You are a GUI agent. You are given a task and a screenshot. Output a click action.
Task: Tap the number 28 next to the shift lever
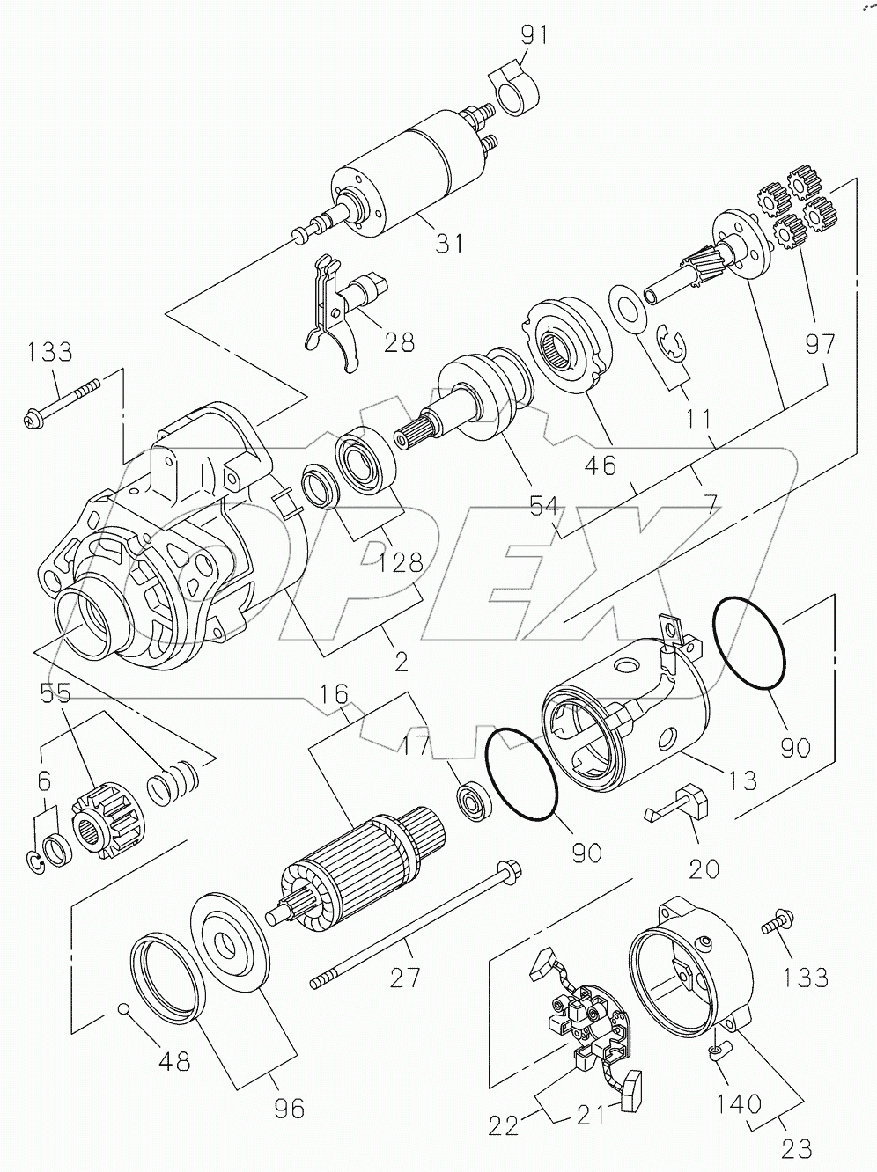pyautogui.click(x=400, y=342)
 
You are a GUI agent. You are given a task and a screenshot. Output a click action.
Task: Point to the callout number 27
pyautogui.click(x=407, y=977)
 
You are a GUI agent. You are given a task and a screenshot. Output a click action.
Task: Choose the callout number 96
pyautogui.click(x=288, y=1108)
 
